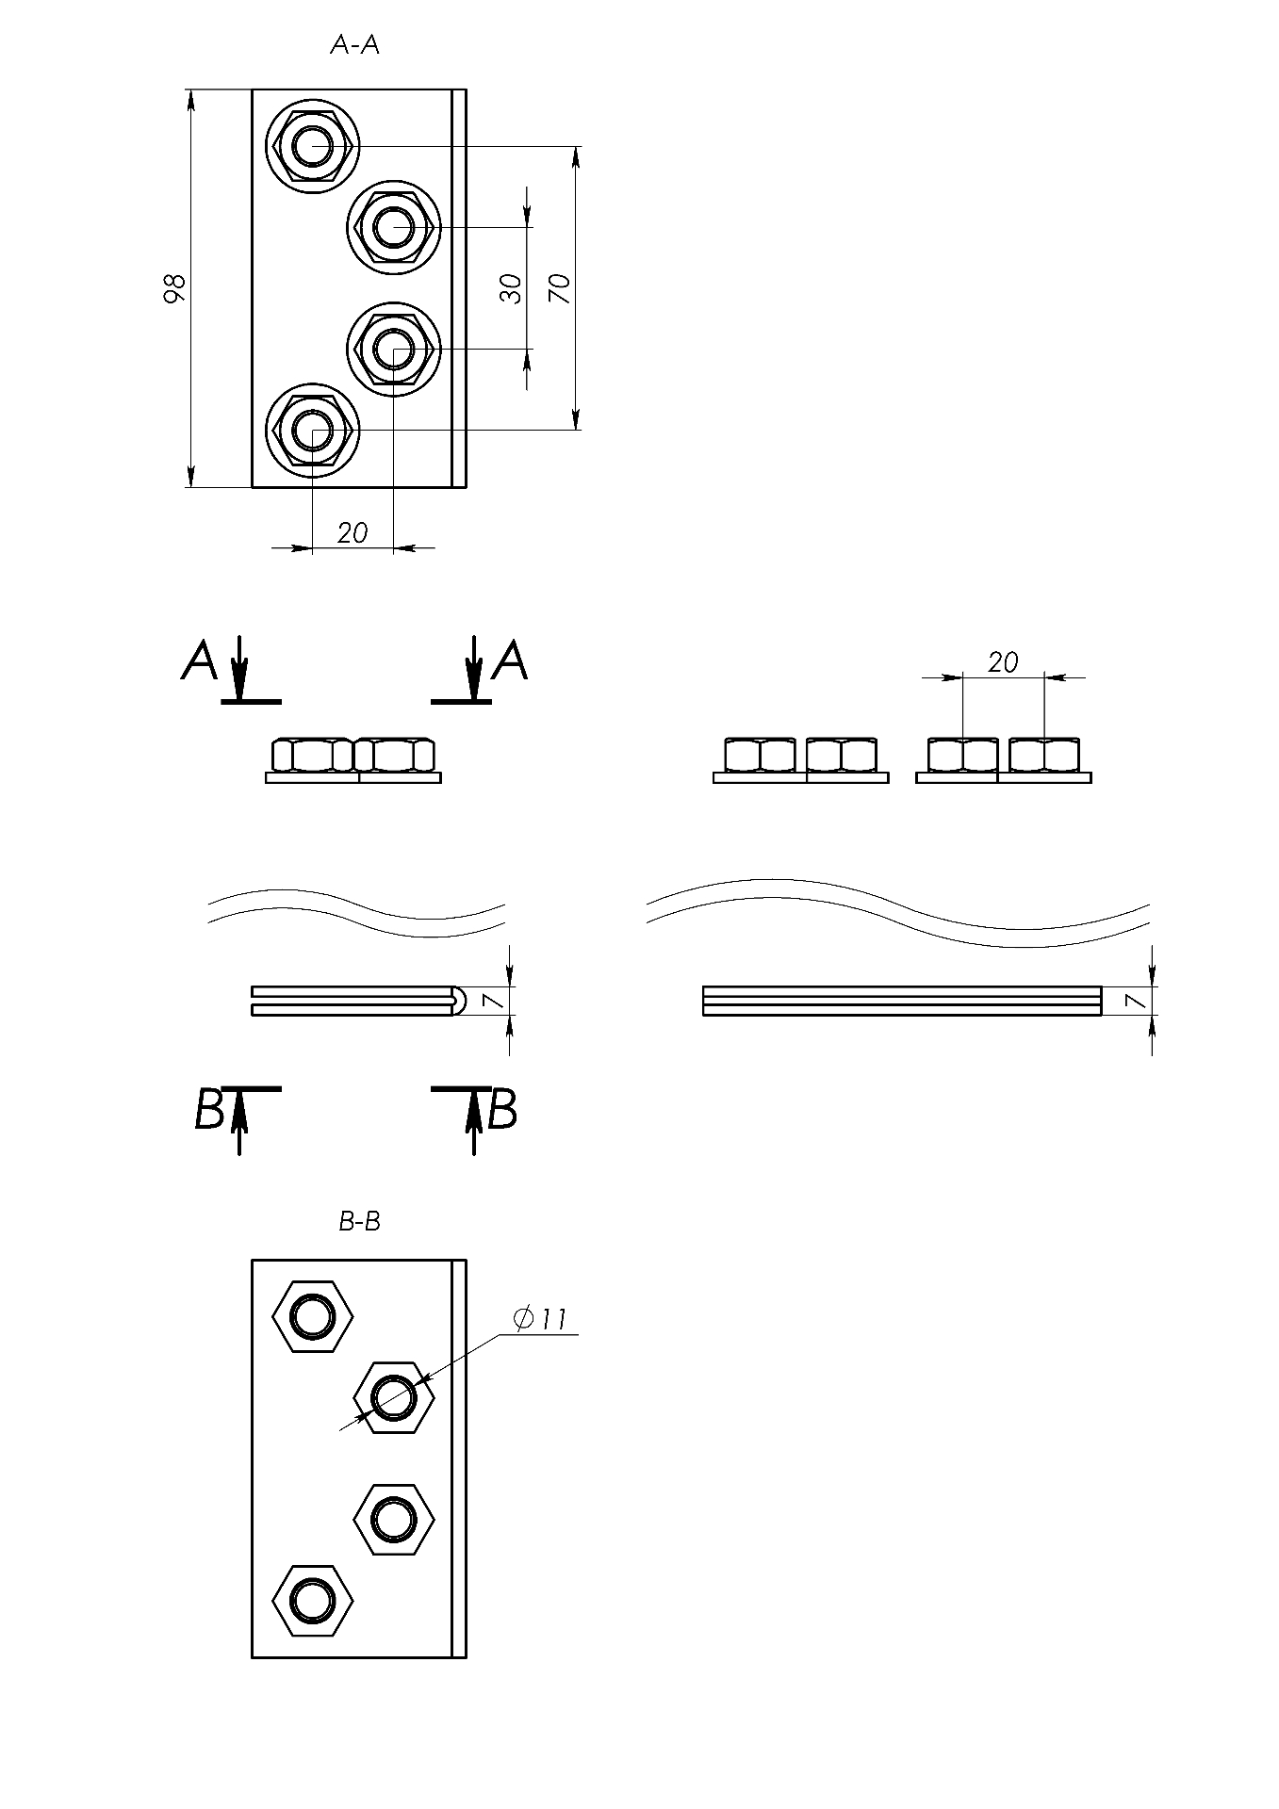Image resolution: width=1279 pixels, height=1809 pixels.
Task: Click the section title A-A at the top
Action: coord(354,45)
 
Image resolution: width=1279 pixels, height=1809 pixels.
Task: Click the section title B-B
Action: coord(359,1222)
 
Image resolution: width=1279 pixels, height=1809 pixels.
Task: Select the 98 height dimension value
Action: coord(174,288)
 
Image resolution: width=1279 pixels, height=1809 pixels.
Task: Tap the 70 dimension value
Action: coord(560,287)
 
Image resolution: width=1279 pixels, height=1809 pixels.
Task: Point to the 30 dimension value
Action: coord(511,288)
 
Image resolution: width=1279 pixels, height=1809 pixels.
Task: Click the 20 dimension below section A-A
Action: coord(353,533)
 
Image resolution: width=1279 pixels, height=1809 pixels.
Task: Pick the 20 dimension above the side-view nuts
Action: coord(1003,663)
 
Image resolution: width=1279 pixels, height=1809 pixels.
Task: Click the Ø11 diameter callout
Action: coord(541,1319)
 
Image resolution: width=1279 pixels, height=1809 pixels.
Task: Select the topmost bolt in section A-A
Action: coord(312,146)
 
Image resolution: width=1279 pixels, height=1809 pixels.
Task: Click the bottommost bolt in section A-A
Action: coord(312,431)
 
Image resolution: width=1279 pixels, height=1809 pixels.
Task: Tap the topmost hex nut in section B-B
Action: coord(312,1316)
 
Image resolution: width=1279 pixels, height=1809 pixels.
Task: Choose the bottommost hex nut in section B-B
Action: coord(312,1600)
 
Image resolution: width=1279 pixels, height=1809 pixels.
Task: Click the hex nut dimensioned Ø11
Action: coord(393,1397)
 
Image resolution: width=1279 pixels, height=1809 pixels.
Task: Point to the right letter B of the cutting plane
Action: coord(503,1110)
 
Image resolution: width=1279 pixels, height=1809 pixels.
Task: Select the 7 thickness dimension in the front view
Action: coord(492,1001)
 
